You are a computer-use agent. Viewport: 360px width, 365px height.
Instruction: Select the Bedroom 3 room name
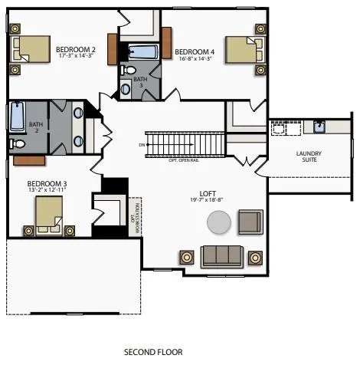(x=47, y=184)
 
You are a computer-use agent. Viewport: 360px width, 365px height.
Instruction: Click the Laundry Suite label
(x=309, y=156)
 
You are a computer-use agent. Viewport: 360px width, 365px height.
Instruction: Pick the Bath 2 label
(x=35, y=126)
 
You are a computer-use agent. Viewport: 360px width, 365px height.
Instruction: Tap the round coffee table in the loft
(x=218, y=223)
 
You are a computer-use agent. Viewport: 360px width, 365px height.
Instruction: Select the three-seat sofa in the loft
(x=221, y=255)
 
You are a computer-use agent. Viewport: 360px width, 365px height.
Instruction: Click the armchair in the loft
(x=250, y=222)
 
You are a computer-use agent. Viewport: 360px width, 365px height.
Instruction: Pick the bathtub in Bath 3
(x=142, y=53)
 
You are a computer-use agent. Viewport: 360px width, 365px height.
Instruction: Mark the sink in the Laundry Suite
(x=319, y=127)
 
